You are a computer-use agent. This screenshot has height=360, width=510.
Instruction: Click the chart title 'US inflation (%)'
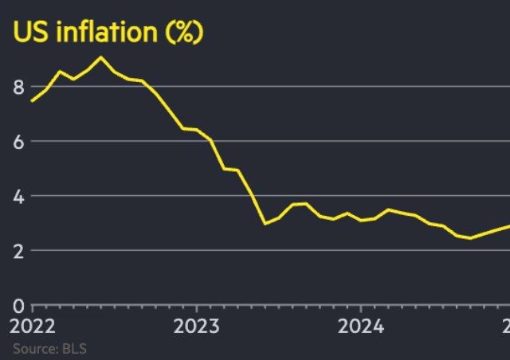tap(107, 33)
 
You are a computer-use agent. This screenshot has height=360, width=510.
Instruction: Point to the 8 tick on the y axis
tap(17, 87)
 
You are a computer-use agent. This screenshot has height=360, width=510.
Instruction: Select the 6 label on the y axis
tap(17, 142)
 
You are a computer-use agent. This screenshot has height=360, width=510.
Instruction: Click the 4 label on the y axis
tap(17, 196)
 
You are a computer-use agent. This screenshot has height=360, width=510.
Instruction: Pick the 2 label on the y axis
tap(17, 251)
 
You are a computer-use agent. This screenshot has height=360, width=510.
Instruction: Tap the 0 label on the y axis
tap(17, 306)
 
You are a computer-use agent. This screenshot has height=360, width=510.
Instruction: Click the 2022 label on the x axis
tap(33, 327)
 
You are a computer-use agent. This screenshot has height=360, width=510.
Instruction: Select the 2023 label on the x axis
tap(196, 327)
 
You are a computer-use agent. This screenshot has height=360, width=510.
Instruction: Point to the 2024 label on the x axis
tap(360, 327)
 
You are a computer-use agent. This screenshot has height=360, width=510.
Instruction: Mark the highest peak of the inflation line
tap(100, 57)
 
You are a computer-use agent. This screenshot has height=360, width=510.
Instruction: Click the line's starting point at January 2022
tap(32, 101)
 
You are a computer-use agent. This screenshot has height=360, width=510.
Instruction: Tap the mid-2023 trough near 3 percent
tap(265, 224)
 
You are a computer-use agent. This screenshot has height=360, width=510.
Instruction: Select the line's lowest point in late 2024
tap(470, 237)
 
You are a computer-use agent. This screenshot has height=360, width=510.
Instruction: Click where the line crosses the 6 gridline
tap(210, 141)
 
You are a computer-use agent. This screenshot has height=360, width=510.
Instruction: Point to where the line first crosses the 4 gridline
tap(251, 196)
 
